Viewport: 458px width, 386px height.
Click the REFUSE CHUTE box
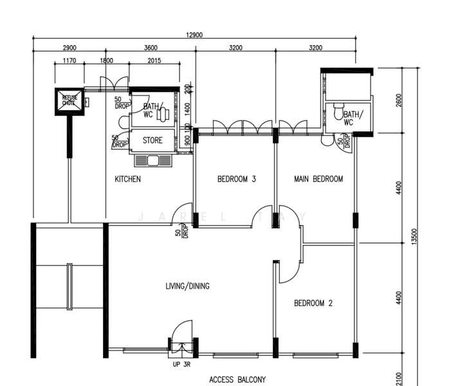click(69, 100)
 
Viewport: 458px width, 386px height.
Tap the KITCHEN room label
click(127, 179)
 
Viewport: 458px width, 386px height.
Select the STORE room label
click(152, 140)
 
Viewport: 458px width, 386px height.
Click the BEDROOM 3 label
click(237, 179)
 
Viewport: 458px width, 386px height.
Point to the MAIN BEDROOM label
click(318, 179)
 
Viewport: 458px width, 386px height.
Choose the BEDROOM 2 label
click(313, 303)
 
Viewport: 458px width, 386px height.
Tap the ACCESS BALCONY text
click(237, 380)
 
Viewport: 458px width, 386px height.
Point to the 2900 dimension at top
click(69, 48)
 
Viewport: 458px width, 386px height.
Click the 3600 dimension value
click(151, 48)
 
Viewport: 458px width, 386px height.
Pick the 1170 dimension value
click(69, 61)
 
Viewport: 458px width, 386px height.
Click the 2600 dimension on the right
click(399, 100)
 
